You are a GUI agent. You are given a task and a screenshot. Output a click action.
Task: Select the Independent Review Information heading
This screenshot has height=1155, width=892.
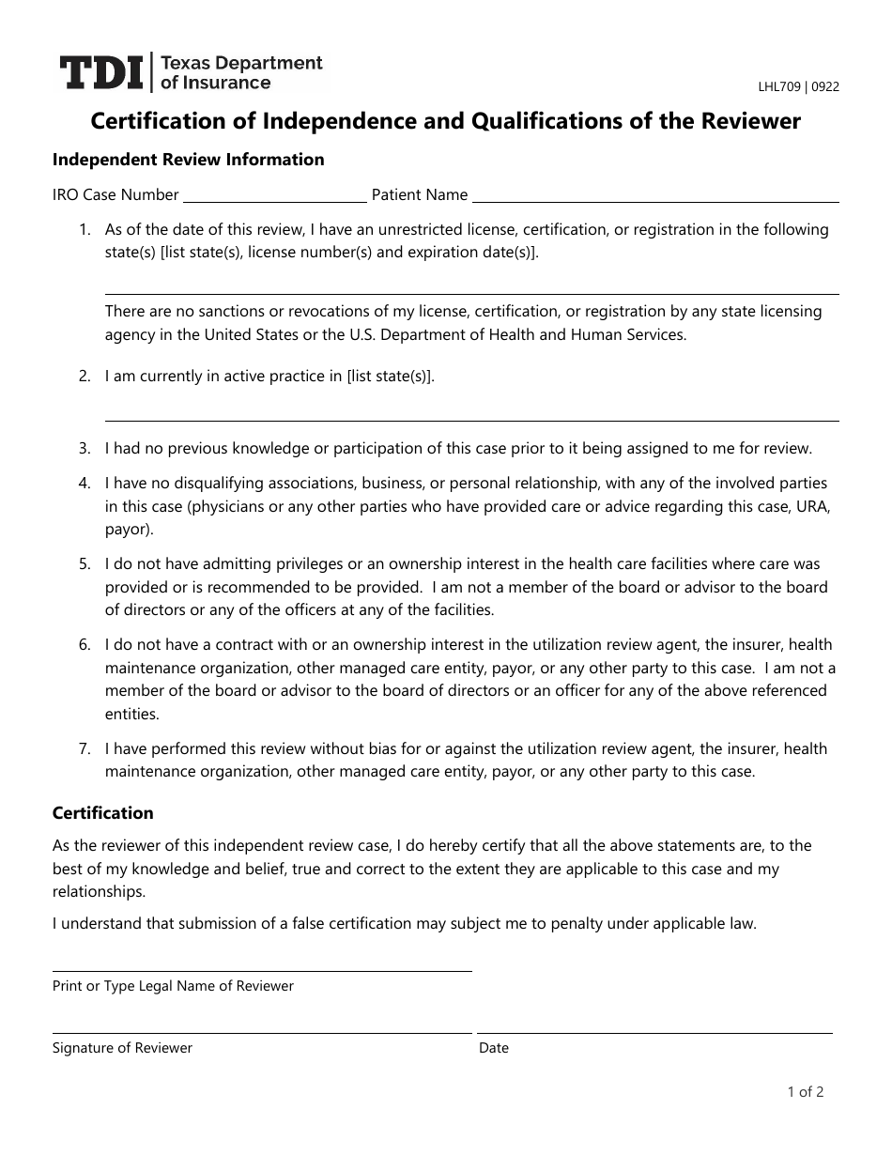pyautogui.click(x=188, y=160)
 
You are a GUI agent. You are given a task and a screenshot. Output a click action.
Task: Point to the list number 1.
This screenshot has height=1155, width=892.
pyautogui.click(x=85, y=230)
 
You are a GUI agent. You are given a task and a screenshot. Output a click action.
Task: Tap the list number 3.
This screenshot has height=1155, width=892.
pyautogui.click(x=85, y=449)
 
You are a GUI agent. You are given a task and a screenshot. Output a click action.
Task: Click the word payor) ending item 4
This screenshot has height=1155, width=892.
pyautogui.click(x=129, y=530)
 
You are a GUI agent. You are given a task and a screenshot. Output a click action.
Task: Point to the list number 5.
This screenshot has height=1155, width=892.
pyautogui.click(x=85, y=564)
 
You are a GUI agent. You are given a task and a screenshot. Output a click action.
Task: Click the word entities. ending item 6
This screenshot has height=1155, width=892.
pyautogui.click(x=132, y=714)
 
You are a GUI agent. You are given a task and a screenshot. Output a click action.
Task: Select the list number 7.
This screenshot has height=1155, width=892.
pyautogui.click(x=85, y=749)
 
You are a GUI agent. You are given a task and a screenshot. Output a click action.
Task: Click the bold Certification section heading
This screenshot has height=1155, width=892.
pyautogui.click(x=102, y=813)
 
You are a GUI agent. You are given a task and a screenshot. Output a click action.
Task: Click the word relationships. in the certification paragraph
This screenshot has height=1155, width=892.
pyautogui.click(x=99, y=892)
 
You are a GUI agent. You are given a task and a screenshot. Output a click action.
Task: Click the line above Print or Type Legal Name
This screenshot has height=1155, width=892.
pyautogui.click(x=262, y=971)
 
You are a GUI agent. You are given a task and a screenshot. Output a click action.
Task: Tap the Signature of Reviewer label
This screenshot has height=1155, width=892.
pyautogui.click(x=122, y=1048)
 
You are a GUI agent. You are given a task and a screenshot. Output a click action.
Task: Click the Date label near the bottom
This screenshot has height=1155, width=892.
pyautogui.click(x=493, y=1048)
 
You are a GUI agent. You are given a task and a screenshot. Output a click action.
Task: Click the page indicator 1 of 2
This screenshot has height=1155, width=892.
pyautogui.click(x=806, y=1092)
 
